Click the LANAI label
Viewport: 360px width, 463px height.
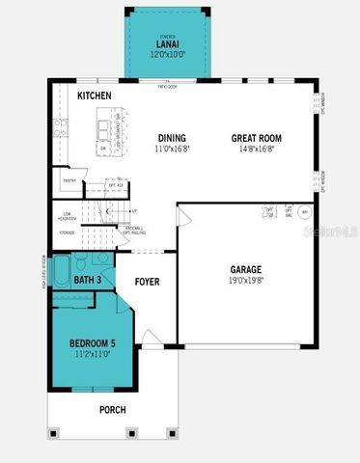pos(167,44)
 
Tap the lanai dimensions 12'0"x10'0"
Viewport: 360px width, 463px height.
pos(167,54)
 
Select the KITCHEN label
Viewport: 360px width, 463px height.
pos(95,96)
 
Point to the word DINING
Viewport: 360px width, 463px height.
pos(172,138)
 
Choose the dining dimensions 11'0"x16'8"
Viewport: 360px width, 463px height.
pos(172,149)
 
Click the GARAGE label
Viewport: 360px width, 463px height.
pos(247,270)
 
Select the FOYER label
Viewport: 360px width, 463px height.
pos(147,283)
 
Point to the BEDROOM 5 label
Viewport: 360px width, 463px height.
pos(93,343)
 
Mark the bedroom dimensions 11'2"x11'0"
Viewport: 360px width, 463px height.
pos(93,354)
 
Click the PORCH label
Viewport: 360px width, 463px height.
pos(113,410)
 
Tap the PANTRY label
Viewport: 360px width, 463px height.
pos(69,180)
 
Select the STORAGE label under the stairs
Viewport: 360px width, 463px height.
pos(67,232)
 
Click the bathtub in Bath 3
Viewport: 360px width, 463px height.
pos(61,272)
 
